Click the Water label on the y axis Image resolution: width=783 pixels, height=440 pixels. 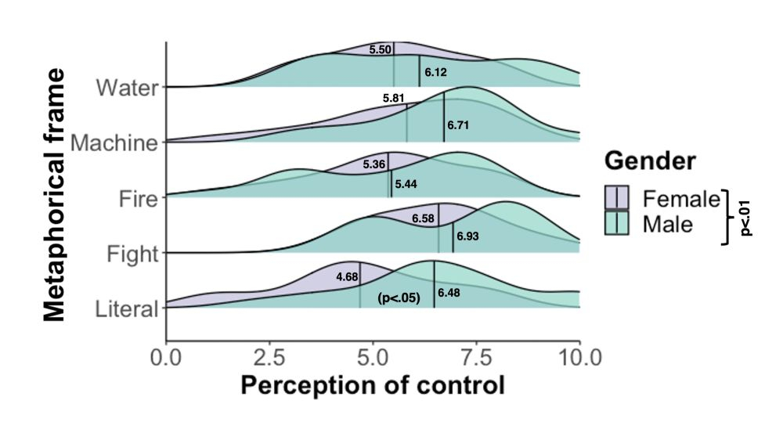(x=128, y=87)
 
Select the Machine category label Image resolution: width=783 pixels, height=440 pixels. (x=114, y=143)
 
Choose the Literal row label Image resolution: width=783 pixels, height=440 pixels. (x=127, y=309)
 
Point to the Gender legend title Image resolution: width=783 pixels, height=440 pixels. (x=650, y=161)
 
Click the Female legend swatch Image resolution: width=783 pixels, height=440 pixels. (x=617, y=197)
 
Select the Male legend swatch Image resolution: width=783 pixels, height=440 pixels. (x=617, y=223)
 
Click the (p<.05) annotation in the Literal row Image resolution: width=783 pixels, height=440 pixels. (x=399, y=298)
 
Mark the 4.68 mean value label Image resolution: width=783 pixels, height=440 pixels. (x=347, y=276)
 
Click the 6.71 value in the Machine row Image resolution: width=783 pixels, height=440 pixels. (x=458, y=124)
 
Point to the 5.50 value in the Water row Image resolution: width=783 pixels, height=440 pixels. (x=381, y=49)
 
